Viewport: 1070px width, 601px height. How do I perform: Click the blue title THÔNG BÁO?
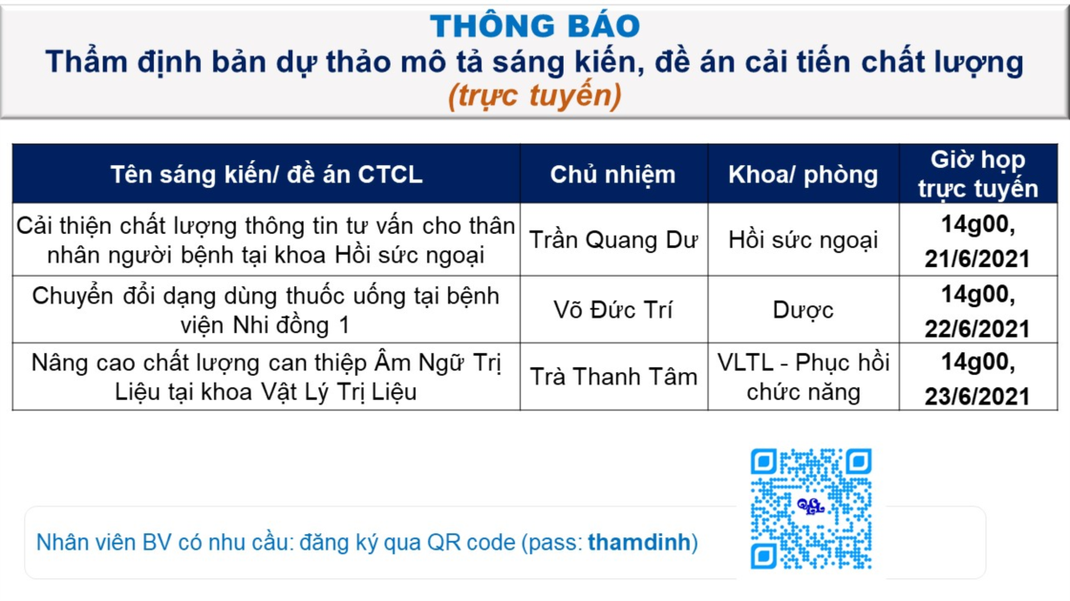point(534,26)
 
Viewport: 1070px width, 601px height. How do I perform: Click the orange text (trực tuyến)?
point(534,95)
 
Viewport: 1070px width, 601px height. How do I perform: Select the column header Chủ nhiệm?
point(613,175)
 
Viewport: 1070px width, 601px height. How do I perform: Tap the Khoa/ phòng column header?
point(803,175)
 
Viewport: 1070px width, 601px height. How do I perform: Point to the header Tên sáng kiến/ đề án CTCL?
point(266,174)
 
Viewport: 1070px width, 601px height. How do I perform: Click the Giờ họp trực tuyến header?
point(978,174)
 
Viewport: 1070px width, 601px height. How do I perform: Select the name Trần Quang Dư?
point(613,240)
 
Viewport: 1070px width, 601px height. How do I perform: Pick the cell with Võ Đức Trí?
point(613,310)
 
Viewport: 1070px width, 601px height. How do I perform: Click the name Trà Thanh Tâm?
point(613,377)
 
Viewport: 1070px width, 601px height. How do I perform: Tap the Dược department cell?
point(803,310)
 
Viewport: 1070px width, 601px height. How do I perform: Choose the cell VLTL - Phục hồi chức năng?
point(803,377)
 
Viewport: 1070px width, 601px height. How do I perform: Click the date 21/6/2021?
point(977,259)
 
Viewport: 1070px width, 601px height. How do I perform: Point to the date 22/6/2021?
point(977,329)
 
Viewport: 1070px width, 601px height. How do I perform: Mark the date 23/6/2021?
point(977,397)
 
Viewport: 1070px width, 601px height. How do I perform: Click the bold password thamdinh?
point(639,543)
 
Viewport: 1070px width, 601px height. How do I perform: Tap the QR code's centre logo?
point(811,507)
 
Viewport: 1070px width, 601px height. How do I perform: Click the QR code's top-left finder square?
point(763,462)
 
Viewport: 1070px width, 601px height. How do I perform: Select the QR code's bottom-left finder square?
point(763,556)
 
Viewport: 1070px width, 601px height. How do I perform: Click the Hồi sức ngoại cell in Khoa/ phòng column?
point(803,240)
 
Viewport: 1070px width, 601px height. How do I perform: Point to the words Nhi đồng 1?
point(291,326)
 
